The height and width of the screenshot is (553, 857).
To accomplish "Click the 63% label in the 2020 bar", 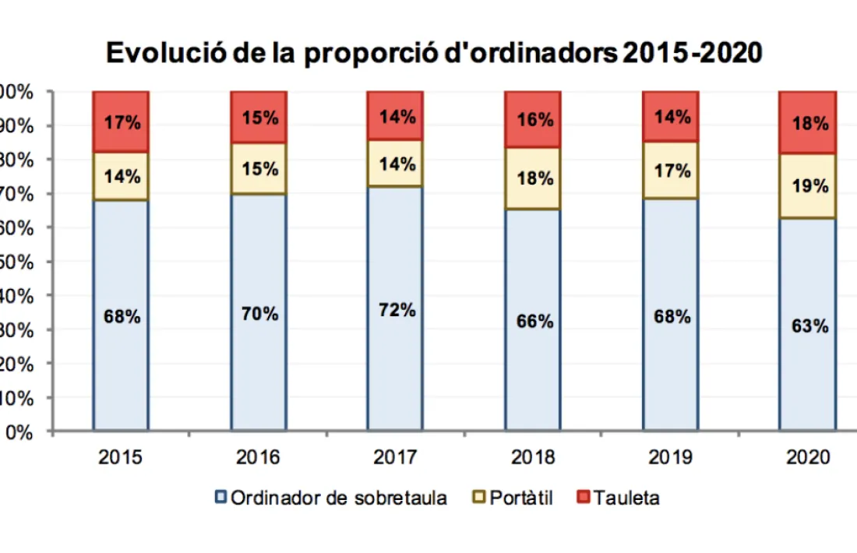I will coord(809,326).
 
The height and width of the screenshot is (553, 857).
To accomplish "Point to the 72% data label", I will coord(397,309).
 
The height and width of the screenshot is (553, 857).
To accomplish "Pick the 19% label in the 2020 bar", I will coord(809,186).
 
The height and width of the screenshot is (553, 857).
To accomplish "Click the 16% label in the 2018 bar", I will coord(534,120).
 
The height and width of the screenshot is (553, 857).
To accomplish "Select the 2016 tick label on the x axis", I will coord(258,457).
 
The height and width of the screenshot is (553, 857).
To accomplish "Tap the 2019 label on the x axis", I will coord(671,457).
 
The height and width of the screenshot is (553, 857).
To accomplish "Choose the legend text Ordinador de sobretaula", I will coord(339,498).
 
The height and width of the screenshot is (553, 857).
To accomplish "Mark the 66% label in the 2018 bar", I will coord(534,321).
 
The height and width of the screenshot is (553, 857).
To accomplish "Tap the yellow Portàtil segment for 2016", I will coord(258,168).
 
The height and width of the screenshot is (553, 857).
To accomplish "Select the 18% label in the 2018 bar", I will coord(534,178).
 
